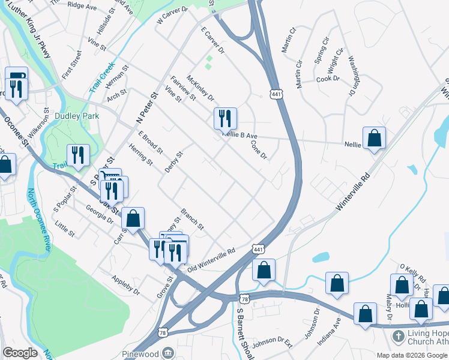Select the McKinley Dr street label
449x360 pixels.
(x=200, y=88)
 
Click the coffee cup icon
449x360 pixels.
(x=16, y=76)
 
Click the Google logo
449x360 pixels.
(x=20, y=353)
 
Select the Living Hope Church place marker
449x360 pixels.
(x=397, y=336)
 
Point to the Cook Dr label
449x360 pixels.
(x=328, y=79)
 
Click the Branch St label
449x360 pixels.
(x=192, y=219)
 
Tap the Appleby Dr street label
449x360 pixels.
(x=125, y=285)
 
